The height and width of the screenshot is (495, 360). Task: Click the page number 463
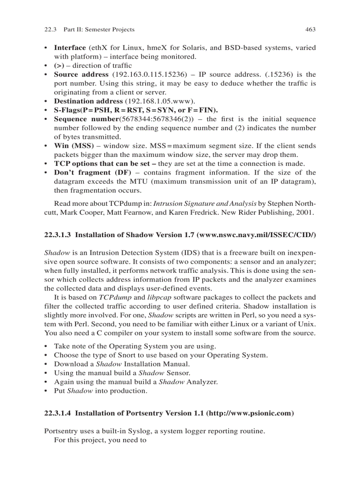coord(310,30)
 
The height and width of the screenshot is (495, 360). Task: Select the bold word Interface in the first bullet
coord(70,48)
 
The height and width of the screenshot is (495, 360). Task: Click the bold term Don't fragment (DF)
coord(93,172)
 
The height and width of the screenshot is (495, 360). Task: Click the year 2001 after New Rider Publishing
coord(306,212)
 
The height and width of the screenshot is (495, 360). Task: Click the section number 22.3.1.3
coord(58,235)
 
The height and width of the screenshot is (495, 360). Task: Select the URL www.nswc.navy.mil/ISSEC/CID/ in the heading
coord(257,235)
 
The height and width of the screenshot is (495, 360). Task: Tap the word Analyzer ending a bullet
coord(202,382)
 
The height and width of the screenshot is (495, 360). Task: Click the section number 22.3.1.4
coord(58,413)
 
